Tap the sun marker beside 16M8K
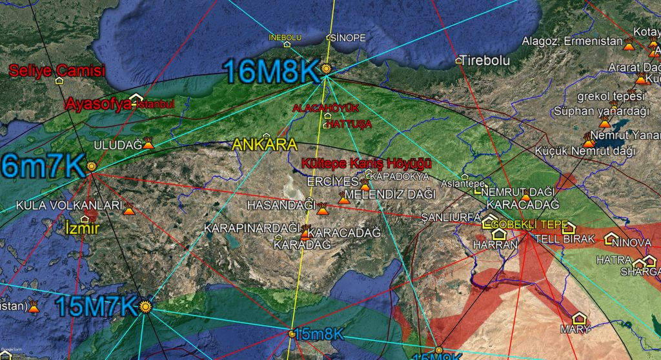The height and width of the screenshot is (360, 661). [x=327, y=68]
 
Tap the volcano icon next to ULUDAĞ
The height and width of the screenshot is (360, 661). [x=148, y=143]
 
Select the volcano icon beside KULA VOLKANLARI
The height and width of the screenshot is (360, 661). [x=129, y=209]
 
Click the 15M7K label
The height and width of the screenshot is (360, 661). [x=96, y=306]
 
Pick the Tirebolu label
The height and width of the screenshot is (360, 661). [x=485, y=60]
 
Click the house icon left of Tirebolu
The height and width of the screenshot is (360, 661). [x=459, y=60]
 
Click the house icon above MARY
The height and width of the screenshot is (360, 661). [x=579, y=318]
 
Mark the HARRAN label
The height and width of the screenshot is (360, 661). [x=496, y=245]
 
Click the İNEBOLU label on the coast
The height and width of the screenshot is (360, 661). [x=285, y=37]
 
